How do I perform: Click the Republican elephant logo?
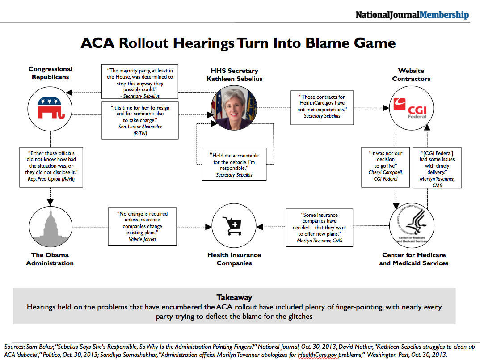(50, 107)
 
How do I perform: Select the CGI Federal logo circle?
(411, 108)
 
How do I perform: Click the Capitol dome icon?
(50, 224)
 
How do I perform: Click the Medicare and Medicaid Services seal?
(411, 224)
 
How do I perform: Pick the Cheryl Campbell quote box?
(385, 166)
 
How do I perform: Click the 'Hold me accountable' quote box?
(234, 164)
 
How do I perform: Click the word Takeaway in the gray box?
(234, 297)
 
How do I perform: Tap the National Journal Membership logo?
(412, 15)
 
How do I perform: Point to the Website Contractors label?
(411, 75)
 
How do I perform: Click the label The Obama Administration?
(50, 259)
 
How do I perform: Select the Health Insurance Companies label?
(234, 259)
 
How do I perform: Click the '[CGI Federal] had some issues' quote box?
(437, 168)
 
